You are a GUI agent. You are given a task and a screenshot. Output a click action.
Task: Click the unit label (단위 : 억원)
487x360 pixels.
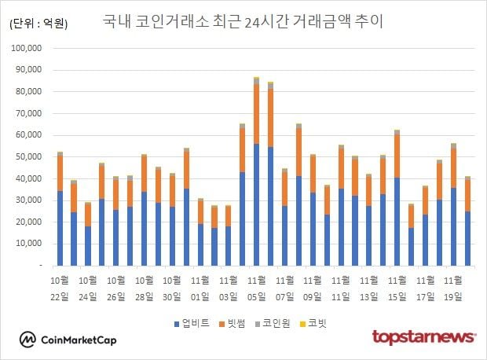pos(38,24)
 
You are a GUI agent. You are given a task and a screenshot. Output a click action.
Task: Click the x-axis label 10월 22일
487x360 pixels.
pos(60,288)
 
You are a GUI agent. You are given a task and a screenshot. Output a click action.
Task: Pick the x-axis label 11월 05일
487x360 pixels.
pos(257,288)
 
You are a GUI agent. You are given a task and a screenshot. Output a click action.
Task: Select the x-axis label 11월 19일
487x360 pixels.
pos(453,288)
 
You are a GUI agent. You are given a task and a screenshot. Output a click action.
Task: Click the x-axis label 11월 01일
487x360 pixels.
pos(200,288)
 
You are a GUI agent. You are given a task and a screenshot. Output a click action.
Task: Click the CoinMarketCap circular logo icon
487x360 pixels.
pos(28,339)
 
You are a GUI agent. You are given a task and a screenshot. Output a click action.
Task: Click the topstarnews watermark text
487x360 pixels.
pos(423,337)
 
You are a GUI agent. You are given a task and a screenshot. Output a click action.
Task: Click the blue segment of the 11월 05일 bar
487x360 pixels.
pos(256,204)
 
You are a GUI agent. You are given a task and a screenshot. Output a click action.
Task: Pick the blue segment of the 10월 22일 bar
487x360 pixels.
pos(60,228)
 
